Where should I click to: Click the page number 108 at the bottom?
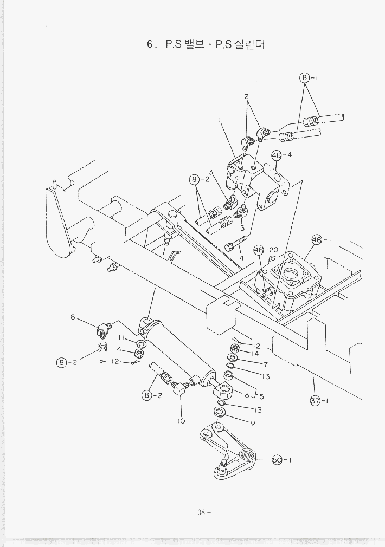[x=199, y=512]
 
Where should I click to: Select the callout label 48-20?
[x=266, y=250]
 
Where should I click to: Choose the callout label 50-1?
[x=282, y=460]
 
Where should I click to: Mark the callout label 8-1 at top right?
[x=309, y=77]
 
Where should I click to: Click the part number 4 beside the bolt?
[x=241, y=258]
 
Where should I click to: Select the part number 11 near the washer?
[x=122, y=337]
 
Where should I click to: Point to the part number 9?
[x=253, y=423]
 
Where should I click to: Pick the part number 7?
[x=266, y=364]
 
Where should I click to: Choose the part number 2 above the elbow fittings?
[x=246, y=97]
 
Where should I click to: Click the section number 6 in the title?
[x=150, y=45]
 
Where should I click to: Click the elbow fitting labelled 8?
[x=103, y=328]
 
